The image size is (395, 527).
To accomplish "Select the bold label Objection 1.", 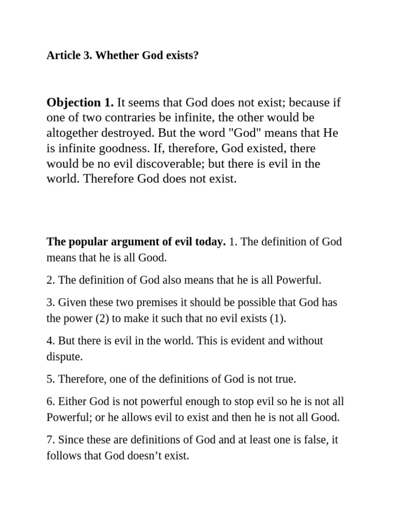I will [80, 102].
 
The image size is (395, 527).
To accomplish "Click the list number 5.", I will [50, 379].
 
